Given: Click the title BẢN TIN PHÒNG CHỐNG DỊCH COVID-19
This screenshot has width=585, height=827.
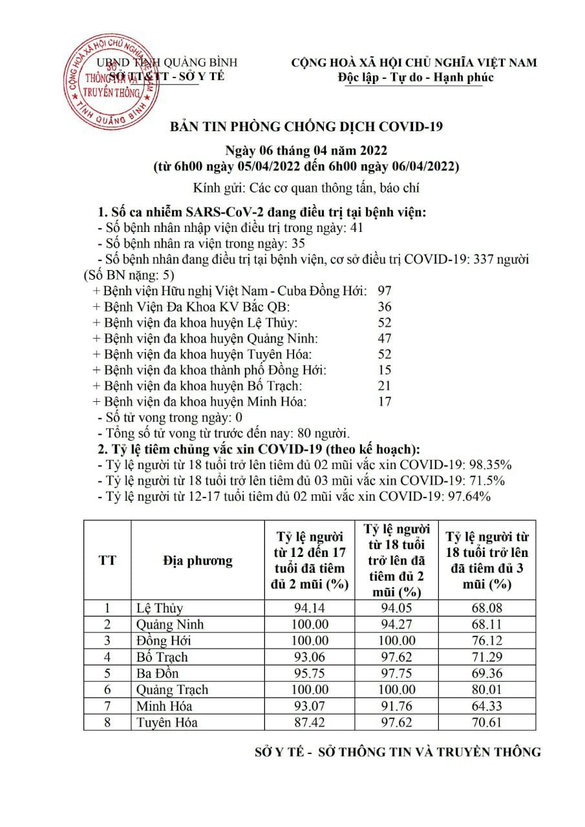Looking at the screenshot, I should tap(306, 127).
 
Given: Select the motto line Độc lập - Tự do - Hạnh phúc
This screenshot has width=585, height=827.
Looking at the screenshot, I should tap(416, 78).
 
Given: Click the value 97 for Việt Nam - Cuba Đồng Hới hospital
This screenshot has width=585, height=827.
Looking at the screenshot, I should tap(385, 291).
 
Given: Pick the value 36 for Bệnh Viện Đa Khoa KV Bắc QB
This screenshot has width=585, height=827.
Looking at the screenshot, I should tap(385, 307).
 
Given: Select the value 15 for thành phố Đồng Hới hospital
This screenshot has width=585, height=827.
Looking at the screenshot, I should tap(385, 370).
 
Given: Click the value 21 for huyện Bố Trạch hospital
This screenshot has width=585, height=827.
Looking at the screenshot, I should tap(385, 386).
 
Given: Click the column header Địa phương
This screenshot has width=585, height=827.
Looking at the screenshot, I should tap(197, 560).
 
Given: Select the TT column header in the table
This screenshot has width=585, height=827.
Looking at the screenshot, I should tap(107, 560).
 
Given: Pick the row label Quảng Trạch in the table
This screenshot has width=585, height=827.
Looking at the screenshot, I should tap(172, 689).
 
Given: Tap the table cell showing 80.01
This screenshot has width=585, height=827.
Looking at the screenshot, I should tap(487, 689).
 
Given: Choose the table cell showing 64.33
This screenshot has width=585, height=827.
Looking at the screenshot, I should tap(487, 706).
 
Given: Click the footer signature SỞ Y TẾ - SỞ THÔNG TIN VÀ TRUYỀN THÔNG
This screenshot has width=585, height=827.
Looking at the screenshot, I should tap(398, 752).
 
